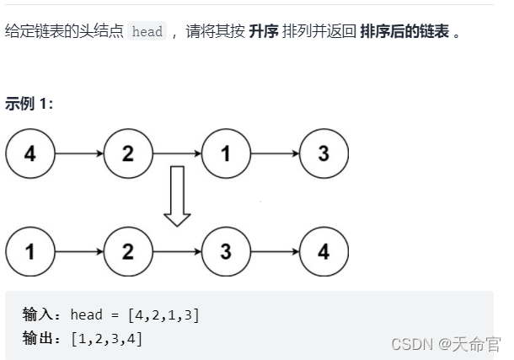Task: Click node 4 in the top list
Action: [x=30, y=154]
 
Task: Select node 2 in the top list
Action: [x=128, y=154]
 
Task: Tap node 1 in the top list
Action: [x=226, y=154]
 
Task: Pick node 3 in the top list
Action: [x=324, y=154]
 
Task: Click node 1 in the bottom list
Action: [x=30, y=251]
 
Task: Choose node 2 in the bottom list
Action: [x=128, y=251]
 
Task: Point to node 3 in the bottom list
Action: [x=226, y=251]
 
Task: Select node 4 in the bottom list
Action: [x=324, y=251]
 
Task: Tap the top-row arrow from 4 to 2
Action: [x=79, y=154]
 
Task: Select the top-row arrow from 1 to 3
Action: [x=275, y=154]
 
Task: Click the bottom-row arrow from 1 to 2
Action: [x=79, y=251]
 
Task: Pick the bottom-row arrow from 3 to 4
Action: [x=275, y=251]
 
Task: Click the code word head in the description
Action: [x=147, y=32]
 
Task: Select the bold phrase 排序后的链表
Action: [x=404, y=32]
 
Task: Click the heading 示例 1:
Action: [x=29, y=104]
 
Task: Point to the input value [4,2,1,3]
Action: [x=163, y=315]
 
